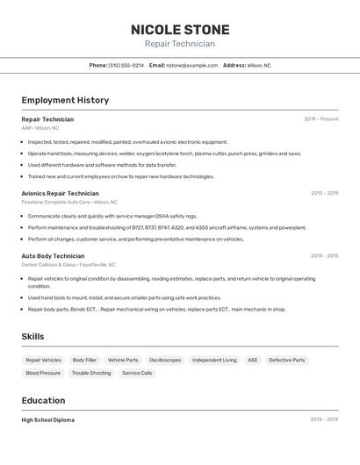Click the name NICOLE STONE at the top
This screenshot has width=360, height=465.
pyautogui.click(x=180, y=30)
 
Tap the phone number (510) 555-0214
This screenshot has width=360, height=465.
pyautogui.click(x=126, y=66)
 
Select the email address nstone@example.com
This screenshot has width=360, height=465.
pyautogui.click(x=191, y=66)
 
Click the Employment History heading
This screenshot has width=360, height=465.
pyautogui.click(x=65, y=100)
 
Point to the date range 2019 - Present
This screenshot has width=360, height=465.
pyautogui.click(x=321, y=119)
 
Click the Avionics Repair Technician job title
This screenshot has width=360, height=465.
pyautogui.click(x=60, y=193)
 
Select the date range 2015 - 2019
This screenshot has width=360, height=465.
pyautogui.click(x=324, y=193)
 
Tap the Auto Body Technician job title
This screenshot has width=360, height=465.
pyautogui.click(x=53, y=256)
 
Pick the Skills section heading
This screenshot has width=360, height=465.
pyautogui.click(x=33, y=336)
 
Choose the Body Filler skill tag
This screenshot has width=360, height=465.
pyautogui.click(x=84, y=360)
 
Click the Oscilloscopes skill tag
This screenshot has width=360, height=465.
pyautogui.click(x=165, y=360)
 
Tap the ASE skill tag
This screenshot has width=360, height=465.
pyautogui.click(x=253, y=360)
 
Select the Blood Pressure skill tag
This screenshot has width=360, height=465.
pyautogui.click(x=43, y=373)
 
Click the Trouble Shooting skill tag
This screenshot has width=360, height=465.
pyautogui.click(x=91, y=373)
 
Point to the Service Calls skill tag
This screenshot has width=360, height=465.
pyautogui.click(x=137, y=373)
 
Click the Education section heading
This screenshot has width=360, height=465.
pyautogui.click(x=44, y=400)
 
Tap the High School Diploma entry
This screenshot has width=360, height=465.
pyautogui.click(x=48, y=420)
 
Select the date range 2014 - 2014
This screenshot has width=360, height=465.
pyautogui.click(x=324, y=419)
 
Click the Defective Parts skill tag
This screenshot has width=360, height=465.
pyautogui.click(x=287, y=360)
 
